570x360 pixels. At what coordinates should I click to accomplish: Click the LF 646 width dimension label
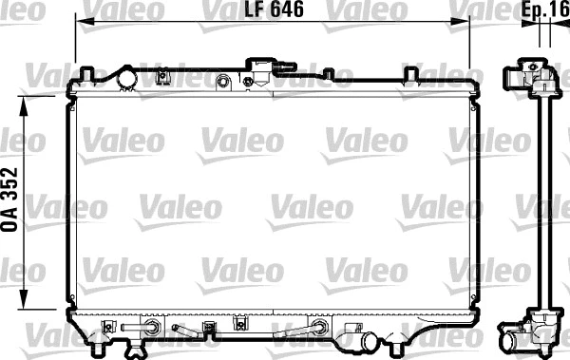point(271,11)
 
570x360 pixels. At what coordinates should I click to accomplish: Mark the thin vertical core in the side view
point(544,199)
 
